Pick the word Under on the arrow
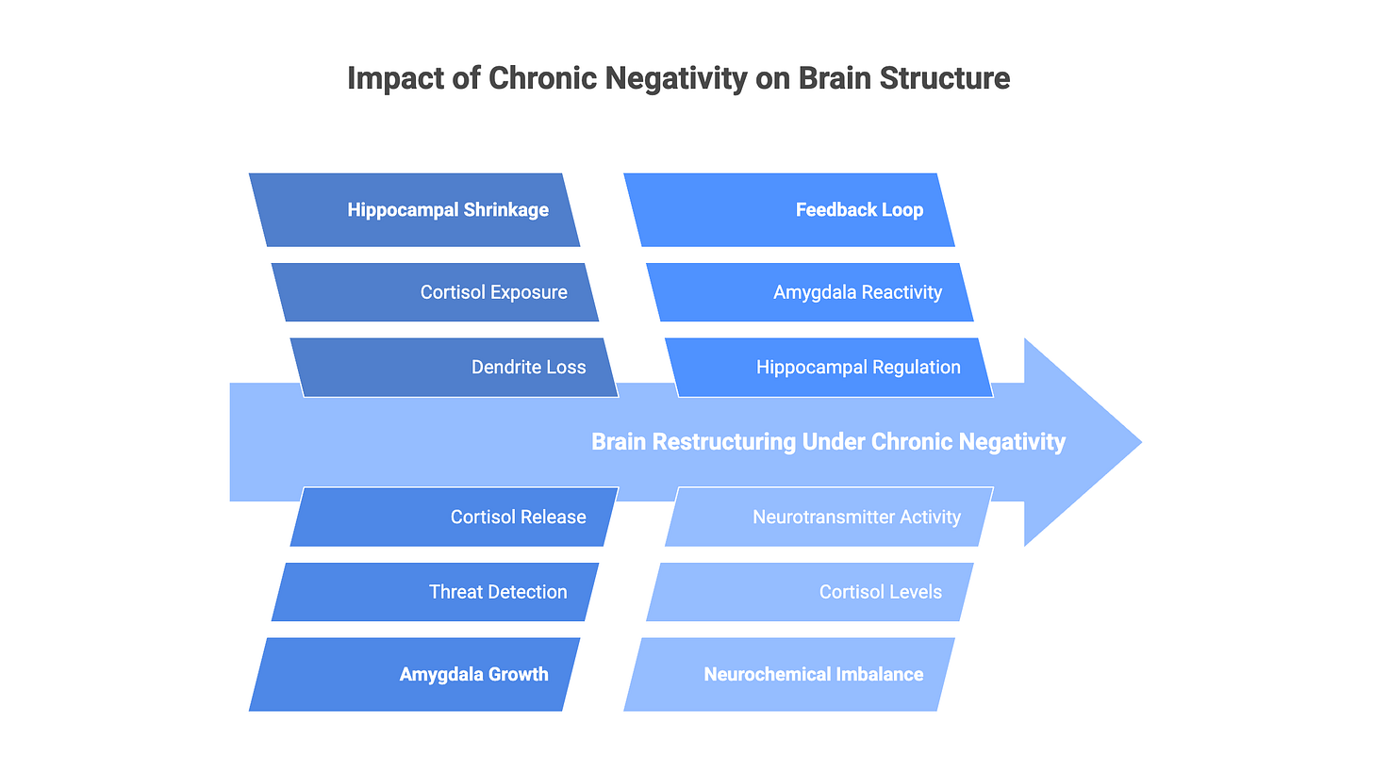click(834, 441)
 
